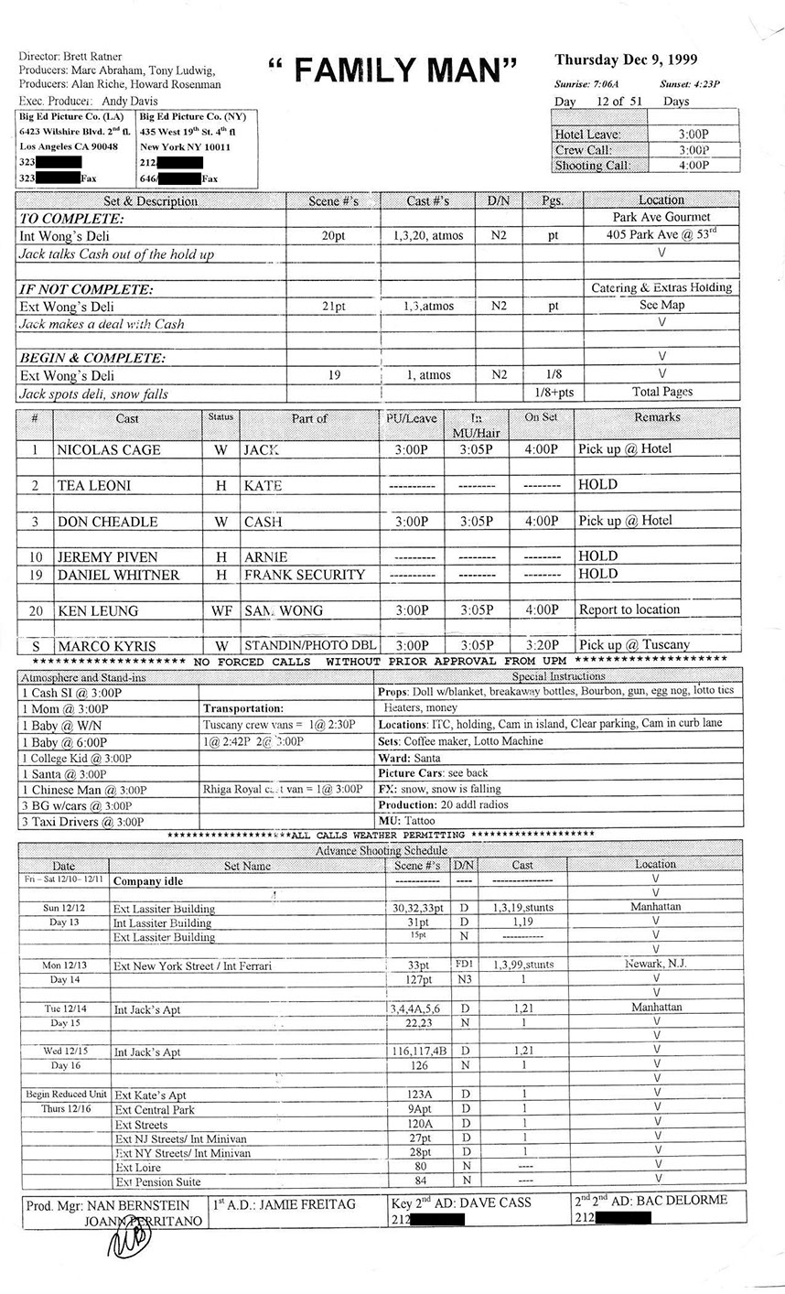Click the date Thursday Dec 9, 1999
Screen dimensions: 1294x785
(626, 60)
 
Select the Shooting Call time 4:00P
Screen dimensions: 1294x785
(694, 166)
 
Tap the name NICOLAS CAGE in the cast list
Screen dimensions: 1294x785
(108, 449)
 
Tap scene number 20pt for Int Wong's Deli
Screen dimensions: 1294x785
(333, 235)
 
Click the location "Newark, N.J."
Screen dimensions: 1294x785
(656, 965)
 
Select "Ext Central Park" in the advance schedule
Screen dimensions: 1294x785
(155, 1110)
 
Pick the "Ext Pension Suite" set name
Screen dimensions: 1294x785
(157, 1182)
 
